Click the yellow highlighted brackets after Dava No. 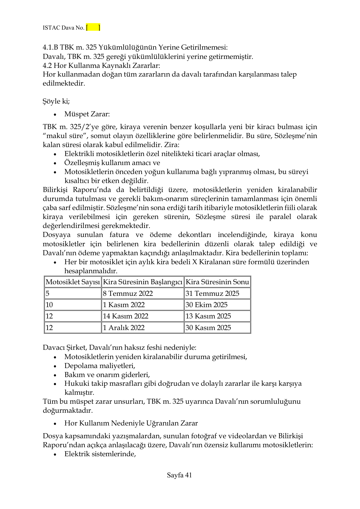point(93,28)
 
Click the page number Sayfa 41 point(179,475)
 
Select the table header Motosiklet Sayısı point(73,282)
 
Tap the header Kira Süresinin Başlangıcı point(142,282)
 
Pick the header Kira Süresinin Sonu point(217,282)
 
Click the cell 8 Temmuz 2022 point(128,294)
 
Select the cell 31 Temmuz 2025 point(212,294)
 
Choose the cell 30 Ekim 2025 point(206,305)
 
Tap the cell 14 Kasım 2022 point(125,316)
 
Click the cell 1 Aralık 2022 point(124,328)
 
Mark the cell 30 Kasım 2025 point(208,328)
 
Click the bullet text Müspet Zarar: point(87,114)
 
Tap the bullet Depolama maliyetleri point(100,366)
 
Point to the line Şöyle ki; point(56,102)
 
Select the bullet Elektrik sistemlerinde point(100,454)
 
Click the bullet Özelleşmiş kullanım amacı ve point(112,163)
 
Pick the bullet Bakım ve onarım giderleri point(107,375)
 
